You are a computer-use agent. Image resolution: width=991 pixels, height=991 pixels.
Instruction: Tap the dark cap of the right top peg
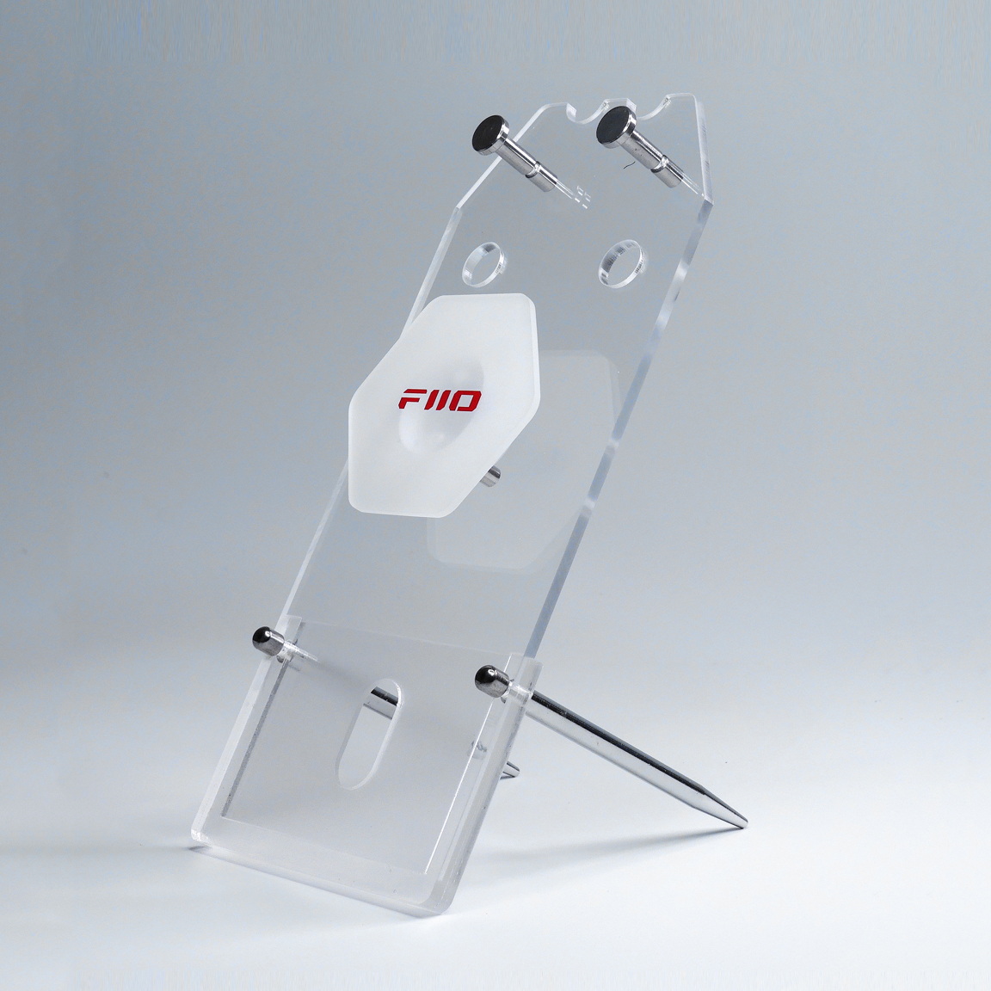(x=615, y=127)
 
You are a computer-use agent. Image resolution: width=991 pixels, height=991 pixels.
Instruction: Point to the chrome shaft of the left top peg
(x=526, y=162)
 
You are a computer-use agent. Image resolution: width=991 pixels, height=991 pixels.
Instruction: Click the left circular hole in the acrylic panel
(x=484, y=261)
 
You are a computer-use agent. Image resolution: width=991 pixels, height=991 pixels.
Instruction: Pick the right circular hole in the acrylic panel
(x=622, y=263)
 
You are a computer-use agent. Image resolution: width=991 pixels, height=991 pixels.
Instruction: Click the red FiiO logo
(x=440, y=400)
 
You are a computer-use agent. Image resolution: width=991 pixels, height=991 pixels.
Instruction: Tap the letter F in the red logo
(x=409, y=399)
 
